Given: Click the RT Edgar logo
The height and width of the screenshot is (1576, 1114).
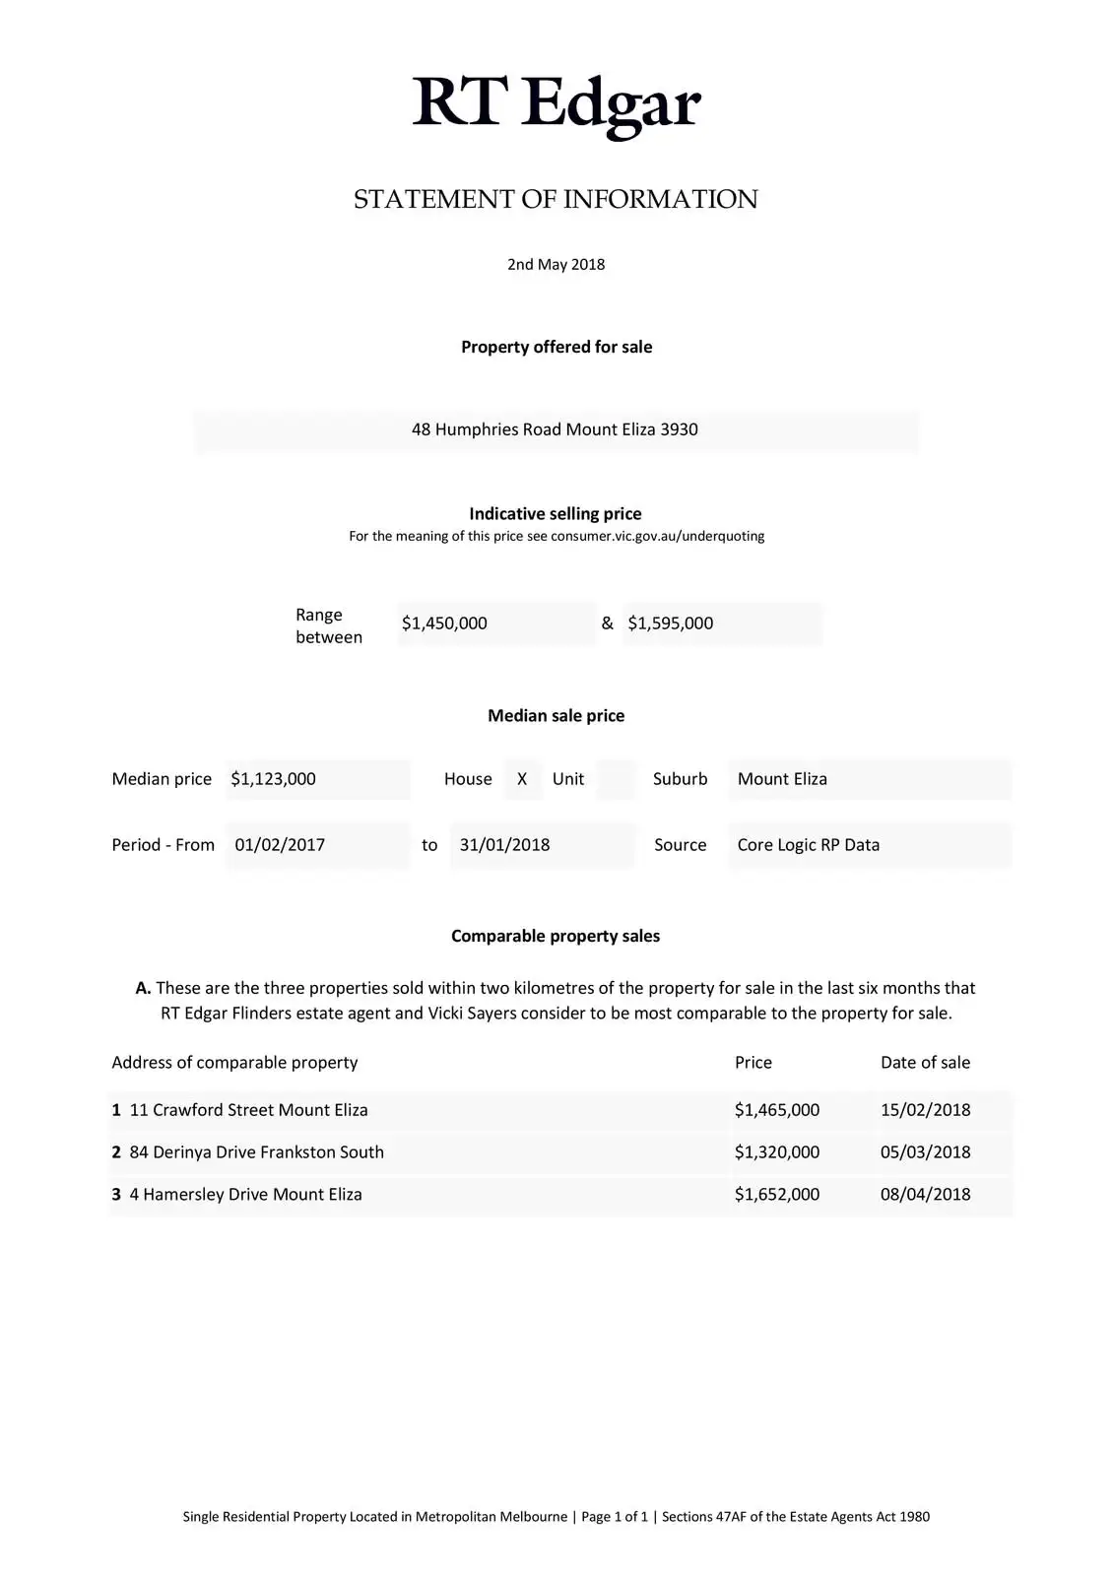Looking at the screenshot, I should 556,102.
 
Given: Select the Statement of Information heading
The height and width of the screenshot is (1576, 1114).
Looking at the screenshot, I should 556,199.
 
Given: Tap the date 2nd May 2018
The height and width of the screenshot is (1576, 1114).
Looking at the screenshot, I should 556,264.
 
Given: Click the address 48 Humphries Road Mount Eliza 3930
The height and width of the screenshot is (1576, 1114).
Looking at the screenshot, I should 555,429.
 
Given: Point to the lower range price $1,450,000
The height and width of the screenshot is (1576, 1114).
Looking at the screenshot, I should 445,624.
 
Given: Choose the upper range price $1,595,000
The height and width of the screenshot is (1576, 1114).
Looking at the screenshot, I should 671,624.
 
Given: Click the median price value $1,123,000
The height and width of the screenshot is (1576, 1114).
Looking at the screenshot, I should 274,779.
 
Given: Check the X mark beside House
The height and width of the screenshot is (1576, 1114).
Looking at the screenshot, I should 522,779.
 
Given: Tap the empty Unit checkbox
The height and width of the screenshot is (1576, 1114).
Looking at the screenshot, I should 616,779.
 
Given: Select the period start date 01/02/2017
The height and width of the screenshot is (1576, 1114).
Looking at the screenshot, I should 280,845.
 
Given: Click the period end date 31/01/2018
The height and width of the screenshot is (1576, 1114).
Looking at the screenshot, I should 504,845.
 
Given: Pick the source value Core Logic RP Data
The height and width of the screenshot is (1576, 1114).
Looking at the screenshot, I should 809,845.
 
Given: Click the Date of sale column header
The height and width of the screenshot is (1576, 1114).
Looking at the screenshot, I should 925,1063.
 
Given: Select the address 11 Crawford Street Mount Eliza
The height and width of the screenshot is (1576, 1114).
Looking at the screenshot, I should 248,1110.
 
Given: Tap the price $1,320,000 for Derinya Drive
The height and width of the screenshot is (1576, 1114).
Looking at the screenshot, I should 777,1152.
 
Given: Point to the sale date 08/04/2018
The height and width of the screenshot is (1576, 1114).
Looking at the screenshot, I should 925,1195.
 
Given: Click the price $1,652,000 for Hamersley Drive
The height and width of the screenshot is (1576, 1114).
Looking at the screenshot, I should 777,1195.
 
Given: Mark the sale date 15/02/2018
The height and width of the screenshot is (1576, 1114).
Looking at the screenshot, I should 925,1110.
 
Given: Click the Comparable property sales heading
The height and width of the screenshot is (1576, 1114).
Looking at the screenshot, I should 556,936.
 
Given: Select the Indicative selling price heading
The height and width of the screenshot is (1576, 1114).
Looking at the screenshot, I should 556,514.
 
